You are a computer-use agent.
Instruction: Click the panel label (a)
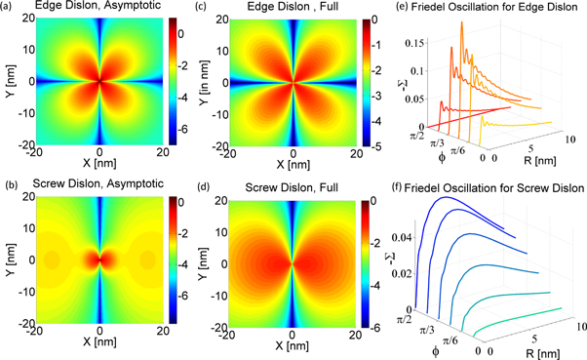[x=9, y=8]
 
